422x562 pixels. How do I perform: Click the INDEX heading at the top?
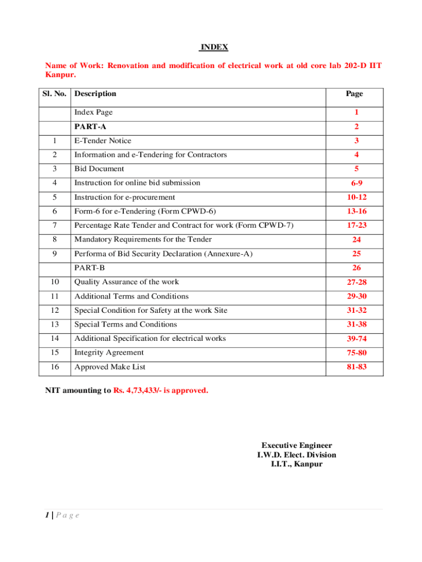click(x=213, y=47)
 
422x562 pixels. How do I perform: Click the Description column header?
click(x=95, y=94)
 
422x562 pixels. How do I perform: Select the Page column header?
click(x=354, y=94)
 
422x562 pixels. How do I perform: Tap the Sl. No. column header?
click(x=55, y=94)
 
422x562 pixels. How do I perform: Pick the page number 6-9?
click(x=356, y=184)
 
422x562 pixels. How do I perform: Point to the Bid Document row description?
click(x=99, y=169)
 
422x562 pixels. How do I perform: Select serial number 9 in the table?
click(x=55, y=254)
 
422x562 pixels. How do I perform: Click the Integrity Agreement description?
click(x=109, y=352)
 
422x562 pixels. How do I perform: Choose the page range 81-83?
click(x=356, y=367)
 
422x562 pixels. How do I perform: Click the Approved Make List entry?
click(x=110, y=367)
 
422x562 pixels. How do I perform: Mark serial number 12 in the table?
click(x=55, y=311)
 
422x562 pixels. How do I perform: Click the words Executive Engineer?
click(x=296, y=446)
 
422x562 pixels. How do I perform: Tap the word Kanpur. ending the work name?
click(x=60, y=75)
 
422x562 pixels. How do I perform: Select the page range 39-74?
click(x=356, y=339)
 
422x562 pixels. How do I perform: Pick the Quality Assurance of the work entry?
click(x=127, y=282)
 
